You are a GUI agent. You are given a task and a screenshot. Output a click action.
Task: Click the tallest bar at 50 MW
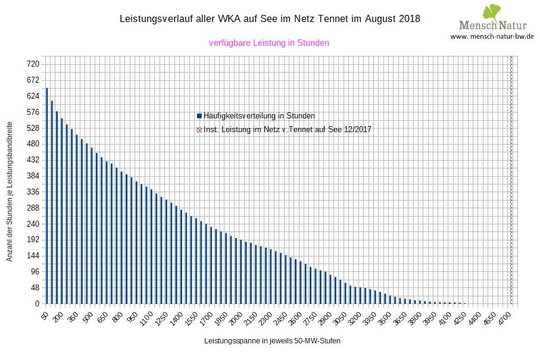[x=46, y=196]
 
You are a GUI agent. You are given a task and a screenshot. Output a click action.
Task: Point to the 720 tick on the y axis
[x=33, y=64]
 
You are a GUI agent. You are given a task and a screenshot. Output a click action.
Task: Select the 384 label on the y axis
[x=33, y=176]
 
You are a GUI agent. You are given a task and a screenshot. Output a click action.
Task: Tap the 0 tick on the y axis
[x=36, y=304]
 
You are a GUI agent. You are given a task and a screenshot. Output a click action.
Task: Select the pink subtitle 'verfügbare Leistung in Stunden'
[x=269, y=43]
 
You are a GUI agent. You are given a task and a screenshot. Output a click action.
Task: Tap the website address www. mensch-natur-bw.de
[x=492, y=36]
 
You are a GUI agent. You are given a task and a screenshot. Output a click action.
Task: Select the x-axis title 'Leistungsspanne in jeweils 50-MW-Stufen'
[x=272, y=342]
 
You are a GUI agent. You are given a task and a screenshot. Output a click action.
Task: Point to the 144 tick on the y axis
[x=33, y=256]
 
